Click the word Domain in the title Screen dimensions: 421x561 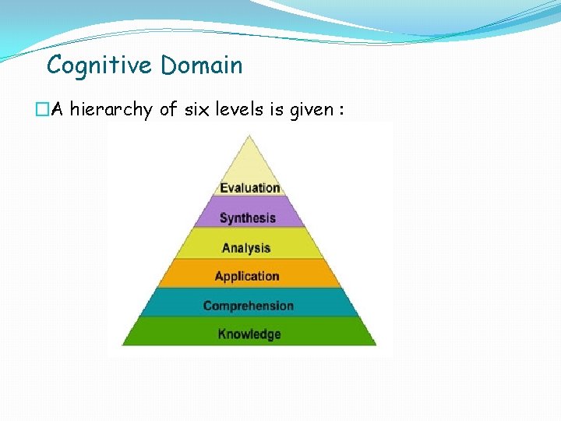202,65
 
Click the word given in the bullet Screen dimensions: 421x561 311,110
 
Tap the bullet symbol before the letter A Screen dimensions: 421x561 41,111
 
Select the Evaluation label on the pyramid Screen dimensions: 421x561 249,188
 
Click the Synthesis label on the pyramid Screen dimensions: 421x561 248,218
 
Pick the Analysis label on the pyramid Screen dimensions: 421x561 246,248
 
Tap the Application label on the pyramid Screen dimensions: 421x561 247,277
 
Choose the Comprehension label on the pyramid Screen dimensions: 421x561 249,306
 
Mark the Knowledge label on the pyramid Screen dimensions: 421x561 249,334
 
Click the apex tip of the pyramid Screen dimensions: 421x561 249,136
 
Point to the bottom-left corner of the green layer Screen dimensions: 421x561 122,345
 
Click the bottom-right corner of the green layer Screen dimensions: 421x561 376,345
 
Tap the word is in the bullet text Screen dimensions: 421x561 277,110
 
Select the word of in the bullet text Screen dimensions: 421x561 168,110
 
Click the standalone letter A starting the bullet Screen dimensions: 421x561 56,110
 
